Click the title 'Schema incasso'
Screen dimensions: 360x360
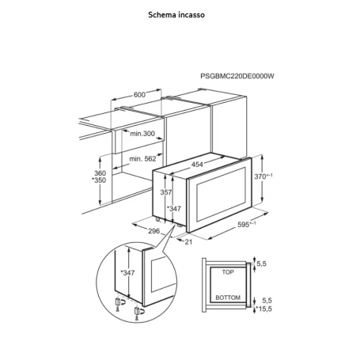tap(176, 14)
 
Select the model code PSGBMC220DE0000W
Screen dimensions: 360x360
tap(237, 76)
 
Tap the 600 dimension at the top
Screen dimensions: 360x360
tap(139, 94)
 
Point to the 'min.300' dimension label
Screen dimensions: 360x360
tap(142, 134)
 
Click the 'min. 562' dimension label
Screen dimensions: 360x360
tap(142, 159)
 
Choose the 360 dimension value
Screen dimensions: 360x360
tap(100, 173)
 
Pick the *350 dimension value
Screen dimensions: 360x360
tap(99, 180)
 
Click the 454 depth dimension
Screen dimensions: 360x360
tap(197, 165)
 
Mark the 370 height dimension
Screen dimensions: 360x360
tap(263, 176)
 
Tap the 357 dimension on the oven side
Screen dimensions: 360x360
tap(166, 192)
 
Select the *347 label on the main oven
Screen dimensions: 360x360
tap(174, 209)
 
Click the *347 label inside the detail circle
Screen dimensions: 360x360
tap(127, 273)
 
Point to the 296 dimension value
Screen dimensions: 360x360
tap(153, 231)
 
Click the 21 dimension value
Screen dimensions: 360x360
tap(188, 242)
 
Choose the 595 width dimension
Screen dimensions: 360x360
tap(247, 224)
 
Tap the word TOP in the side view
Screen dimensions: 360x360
tap(228, 272)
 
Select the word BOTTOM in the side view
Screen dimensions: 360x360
tap(228, 297)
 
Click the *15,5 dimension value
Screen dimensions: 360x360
tap(263, 309)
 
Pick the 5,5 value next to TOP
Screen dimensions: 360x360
tap(261, 263)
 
